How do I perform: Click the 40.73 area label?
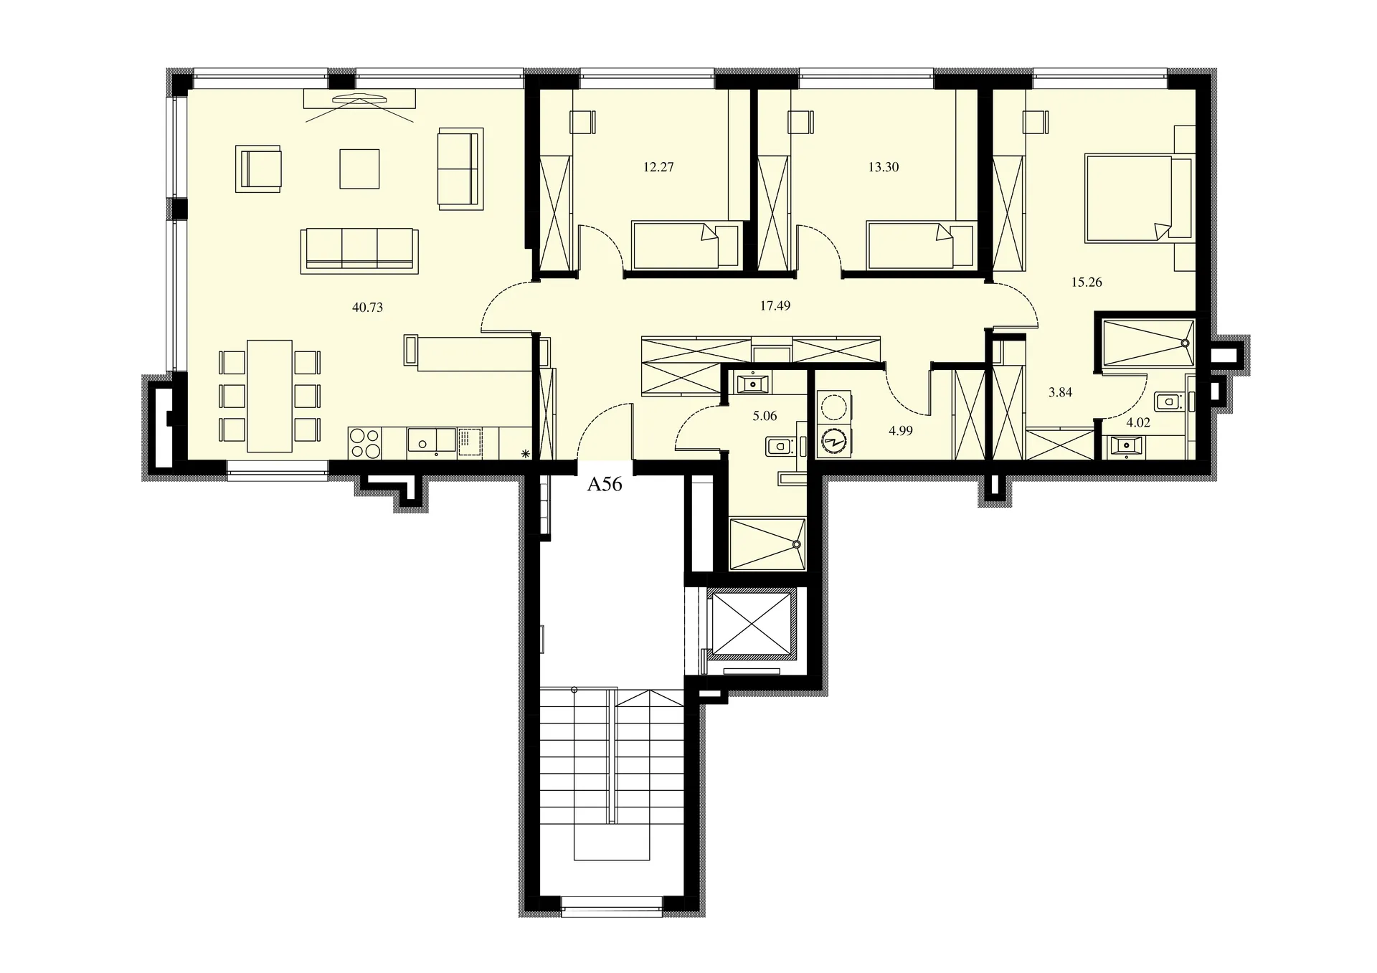pos(367,308)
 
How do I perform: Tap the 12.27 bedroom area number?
pos(658,167)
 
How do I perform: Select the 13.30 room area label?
pos(883,167)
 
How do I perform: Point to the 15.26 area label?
pos(1087,282)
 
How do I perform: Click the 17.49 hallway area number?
pos(775,305)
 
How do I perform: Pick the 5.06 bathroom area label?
pos(765,416)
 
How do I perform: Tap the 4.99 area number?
pos(900,431)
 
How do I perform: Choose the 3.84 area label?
pos(1060,392)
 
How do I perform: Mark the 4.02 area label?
pos(1138,422)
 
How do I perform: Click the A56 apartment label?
pos(605,485)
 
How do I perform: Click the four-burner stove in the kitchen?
pos(365,443)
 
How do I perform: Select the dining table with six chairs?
pos(270,396)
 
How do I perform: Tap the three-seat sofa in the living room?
pos(360,250)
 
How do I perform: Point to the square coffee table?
pos(359,169)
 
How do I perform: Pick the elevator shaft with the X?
pos(752,624)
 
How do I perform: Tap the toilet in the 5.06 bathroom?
pos(780,447)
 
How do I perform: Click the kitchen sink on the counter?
pos(431,440)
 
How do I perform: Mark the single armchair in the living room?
pos(259,169)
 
